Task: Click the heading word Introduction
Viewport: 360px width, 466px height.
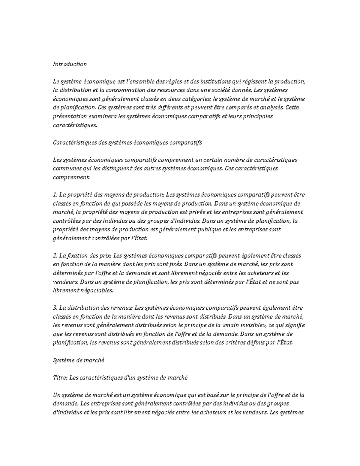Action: [70, 64]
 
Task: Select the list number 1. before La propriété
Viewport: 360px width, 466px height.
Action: [55, 195]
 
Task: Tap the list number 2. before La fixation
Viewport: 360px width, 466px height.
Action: [55, 256]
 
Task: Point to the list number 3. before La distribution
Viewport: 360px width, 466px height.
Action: [55, 308]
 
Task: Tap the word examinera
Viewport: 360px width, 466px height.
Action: [103, 116]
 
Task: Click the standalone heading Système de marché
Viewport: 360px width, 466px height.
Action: [78, 360]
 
